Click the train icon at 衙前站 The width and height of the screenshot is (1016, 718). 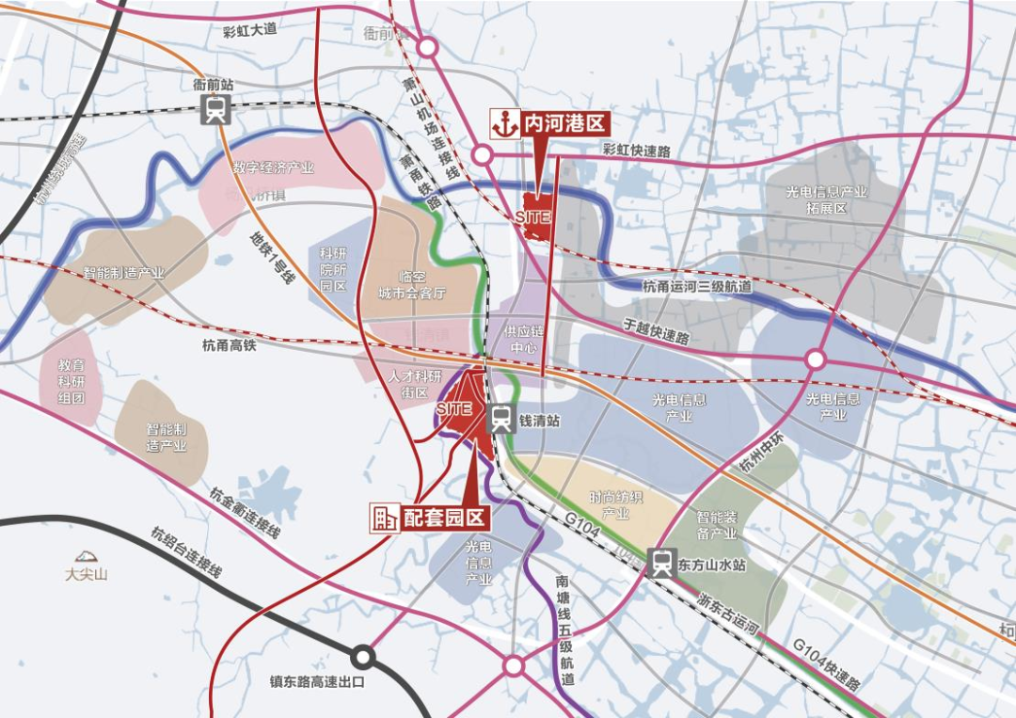pyautogui.click(x=215, y=110)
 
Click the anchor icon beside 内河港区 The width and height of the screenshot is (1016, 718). pyautogui.click(x=505, y=123)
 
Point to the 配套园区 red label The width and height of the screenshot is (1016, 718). pyautogui.click(x=443, y=517)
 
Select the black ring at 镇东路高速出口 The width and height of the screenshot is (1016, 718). pyautogui.click(x=363, y=657)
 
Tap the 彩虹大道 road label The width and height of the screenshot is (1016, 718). pyautogui.click(x=249, y=29)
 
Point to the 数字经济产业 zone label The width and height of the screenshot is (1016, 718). pyautogui.click(x=273, y=168)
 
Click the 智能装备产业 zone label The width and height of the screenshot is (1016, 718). pyautogui.click(x=717, y=525)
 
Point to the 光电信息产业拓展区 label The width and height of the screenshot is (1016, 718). pyautogui.click(x=827, y=199)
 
